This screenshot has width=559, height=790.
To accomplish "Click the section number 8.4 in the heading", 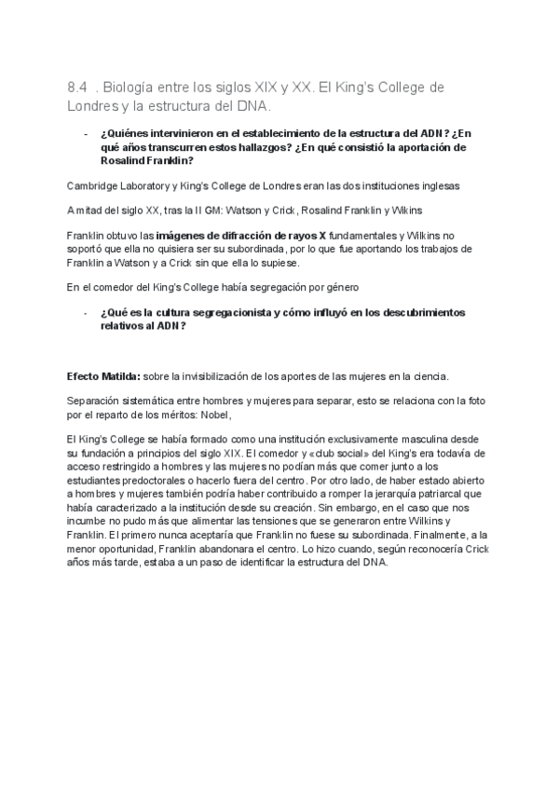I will (76, 88).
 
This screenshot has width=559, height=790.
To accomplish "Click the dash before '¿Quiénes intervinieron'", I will (86, 134).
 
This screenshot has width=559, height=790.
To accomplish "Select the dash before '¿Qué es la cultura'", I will (86, 312).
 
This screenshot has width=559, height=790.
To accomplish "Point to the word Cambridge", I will (90, 184).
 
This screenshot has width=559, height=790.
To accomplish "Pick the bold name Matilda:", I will (120, 375).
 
